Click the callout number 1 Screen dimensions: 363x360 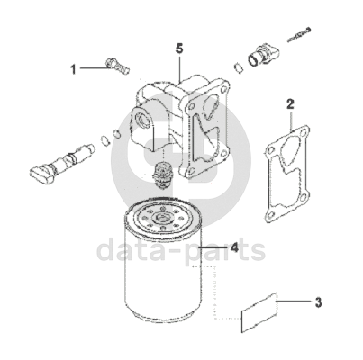click(73, 69)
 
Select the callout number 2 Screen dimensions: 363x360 click(290, 104)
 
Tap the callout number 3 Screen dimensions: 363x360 click(318, 302)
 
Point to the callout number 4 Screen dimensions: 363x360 click(234, 247)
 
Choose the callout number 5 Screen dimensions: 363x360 click(179, 49)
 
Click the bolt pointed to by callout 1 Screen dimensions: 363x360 click(117, 67)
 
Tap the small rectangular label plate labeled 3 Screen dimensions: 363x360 click(259, 312)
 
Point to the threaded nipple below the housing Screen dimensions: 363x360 click(162, 175)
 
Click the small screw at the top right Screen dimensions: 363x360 click(299, 34)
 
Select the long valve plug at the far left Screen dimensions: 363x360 click(61, 163)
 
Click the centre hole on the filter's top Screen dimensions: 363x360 click(162, 217)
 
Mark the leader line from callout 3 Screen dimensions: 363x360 click(294, 301)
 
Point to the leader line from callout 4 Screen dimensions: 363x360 click(213, 247)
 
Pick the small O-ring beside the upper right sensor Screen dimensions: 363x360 click(239, 67)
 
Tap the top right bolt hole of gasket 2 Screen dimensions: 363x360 click(304, 133)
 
